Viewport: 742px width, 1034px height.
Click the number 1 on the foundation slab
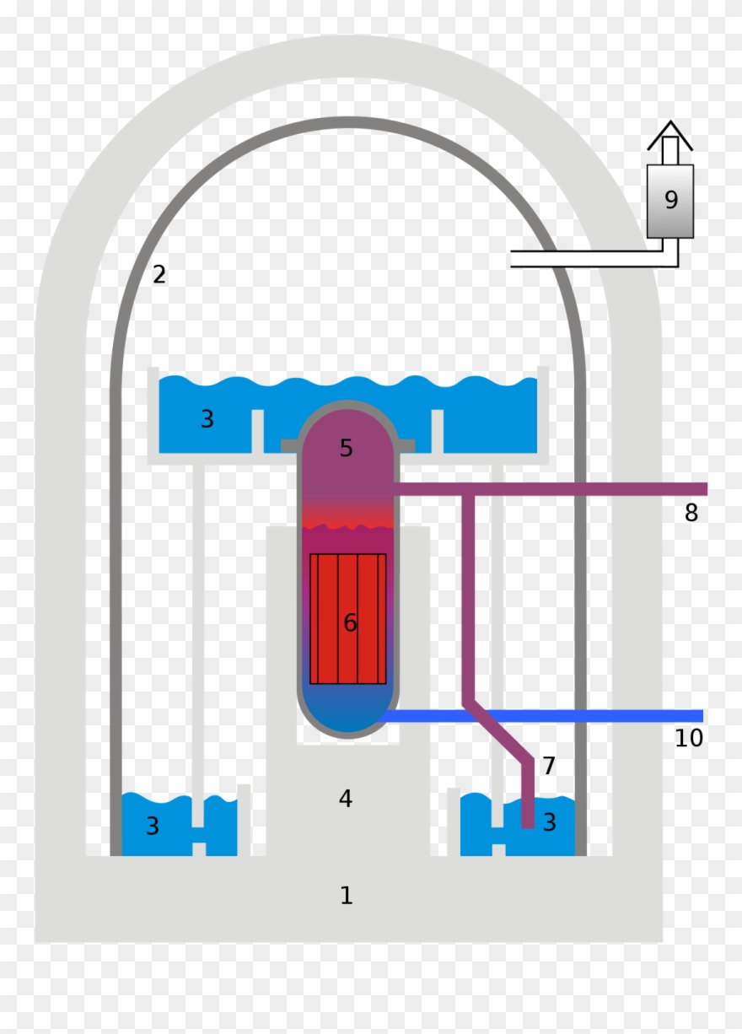pyautogui.click(x=346, y=896)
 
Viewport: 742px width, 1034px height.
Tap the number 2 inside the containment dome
pyautogui.click(x=159, y=274)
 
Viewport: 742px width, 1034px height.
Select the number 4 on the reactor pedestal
pyautogui.click(x=345, y=798)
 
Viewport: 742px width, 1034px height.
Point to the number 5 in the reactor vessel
pyautogui.click(x=346, y=449)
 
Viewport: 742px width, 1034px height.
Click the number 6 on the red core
pyautogui.click(x=350, y=623)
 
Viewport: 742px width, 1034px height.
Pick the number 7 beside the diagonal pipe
pyautogui.click(x=549, y=766)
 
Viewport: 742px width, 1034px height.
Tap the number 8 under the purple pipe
pyautogui.click(x=691, y=513)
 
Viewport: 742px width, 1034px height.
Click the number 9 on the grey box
pyautogui.click(x=671, y=200)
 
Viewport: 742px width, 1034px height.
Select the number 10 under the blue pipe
pyautogui.click(x=688, y=738)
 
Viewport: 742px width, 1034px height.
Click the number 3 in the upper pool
pyautogui.click(x=207, y=418)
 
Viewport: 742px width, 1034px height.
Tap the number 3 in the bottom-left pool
pyautogui.click(x=152, y=826)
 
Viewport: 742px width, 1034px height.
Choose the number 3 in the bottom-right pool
pyautogui.click(x=549, y=822)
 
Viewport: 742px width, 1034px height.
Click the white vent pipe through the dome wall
pyautogui.click(x=582, y=259)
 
